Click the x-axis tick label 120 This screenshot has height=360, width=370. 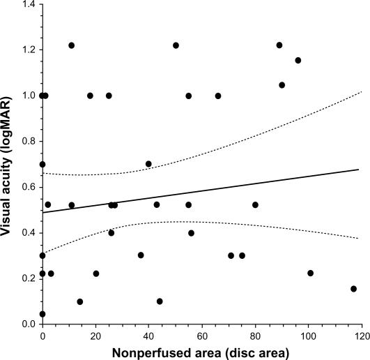pyautogui.click(x=361, y=334)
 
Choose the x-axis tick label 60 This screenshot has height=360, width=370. pyautogui.click(x=202, y=334)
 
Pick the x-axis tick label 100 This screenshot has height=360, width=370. pyautogui.click(x=308, y=334)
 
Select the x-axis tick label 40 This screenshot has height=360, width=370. pyautogui.click(x=149, y=334)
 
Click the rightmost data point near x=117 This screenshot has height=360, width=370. pyautogui.click(x=353, y=289)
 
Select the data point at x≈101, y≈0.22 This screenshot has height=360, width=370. pyautogui.click(x=311, y=273)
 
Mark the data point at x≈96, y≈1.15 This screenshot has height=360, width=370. pyautogui.click(x=298, y=61)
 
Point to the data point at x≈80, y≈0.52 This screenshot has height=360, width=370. pyautogui.click(x=255, y=204)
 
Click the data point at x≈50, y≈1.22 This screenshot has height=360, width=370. pyautogui.click(x=176, y=45)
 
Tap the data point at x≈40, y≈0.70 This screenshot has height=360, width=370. pyautogui.click(x=148, y=164)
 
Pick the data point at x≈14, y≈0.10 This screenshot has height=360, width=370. pyautogui.click(x=80, y=302)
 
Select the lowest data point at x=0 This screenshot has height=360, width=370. pyautogui.click(x=43, y=314)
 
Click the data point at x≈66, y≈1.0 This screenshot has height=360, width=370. pyautogui.click(x=218, y=96)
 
